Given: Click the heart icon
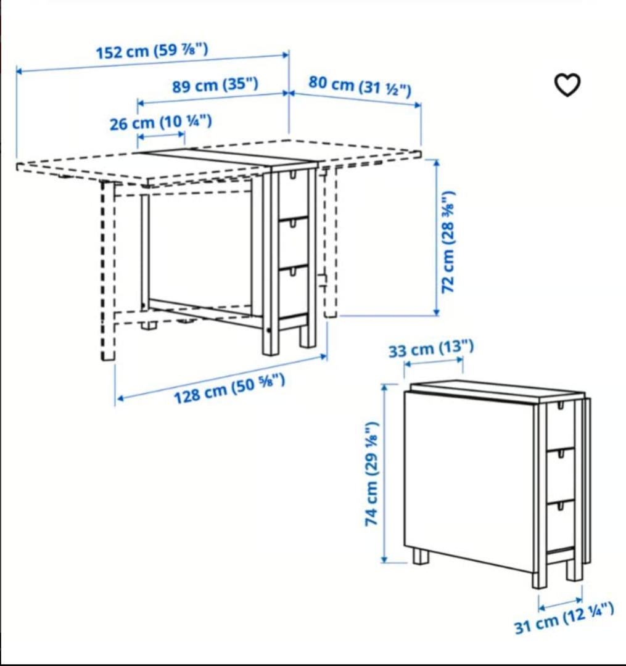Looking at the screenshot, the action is click(567, 85).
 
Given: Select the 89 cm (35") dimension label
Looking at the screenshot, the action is click(215, 85).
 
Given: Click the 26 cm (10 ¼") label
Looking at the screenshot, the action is click(160, 123).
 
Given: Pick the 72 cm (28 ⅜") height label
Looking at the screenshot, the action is click(448, 242).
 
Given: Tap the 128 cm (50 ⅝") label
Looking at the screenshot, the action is click(229, 388).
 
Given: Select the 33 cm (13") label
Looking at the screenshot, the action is click(430, 349).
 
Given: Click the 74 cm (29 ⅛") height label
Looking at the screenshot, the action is click(372, 474).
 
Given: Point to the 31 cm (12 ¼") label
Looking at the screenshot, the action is click(564, 619).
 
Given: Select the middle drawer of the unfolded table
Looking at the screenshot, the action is click(293, 243).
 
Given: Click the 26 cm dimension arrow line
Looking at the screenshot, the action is click(162, 136).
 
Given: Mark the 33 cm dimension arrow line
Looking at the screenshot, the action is click(434, 362).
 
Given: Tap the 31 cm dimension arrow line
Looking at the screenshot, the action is click(561, 604).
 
